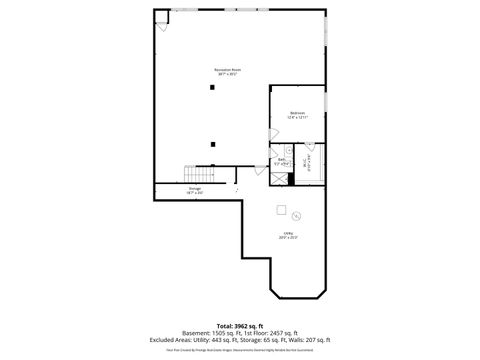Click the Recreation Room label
pos(228,71)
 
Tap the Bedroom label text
pos(297,115)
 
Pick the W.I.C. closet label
pos(308,159)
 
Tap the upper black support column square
pos(212,87)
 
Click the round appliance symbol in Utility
pos(295,215)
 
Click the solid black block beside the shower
pos(291,179)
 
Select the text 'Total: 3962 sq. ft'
pos(240,325)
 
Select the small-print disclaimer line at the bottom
pos(240,350)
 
